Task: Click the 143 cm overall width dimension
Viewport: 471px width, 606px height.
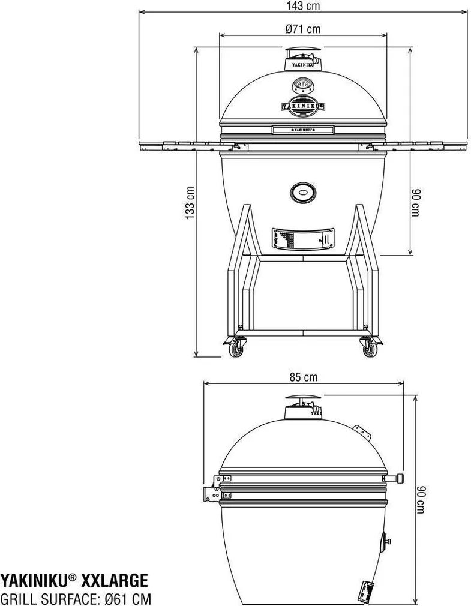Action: tap(303, 6)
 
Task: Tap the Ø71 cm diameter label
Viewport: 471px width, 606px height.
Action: tap(302, 28)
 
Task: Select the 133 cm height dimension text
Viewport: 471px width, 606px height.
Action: tap(190, 203)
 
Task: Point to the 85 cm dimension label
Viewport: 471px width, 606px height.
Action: tap(303, 377)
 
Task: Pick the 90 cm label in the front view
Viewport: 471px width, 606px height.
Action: tap(416, 203)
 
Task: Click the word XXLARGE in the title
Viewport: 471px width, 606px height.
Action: tap(114, 580)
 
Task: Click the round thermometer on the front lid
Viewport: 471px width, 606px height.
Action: tap(303, 85)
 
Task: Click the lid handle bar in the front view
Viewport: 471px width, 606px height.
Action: tap(303, 129)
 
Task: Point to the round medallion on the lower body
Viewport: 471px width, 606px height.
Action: tap(303, 193)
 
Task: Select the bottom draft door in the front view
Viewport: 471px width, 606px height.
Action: tap(303, 238)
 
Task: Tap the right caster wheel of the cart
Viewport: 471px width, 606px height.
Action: tap(368, 349)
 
